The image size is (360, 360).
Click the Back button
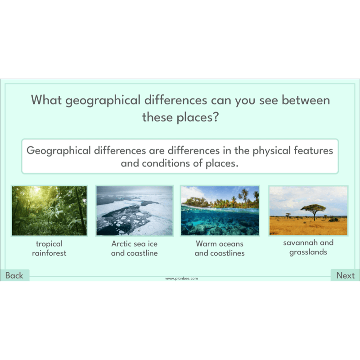point(15,275)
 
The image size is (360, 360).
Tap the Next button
point(345,275)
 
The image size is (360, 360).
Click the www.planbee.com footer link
point(181,279)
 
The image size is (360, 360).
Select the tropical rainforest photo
point(49,211)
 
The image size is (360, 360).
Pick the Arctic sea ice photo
point(135,211)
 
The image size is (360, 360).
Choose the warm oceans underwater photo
point(220,211)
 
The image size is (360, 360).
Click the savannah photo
point(308,211)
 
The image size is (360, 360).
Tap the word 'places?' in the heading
point(198,117)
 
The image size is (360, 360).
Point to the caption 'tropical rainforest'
point(49,248)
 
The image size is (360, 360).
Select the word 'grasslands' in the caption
point(308,252)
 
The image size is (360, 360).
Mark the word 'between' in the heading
point(306,100)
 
